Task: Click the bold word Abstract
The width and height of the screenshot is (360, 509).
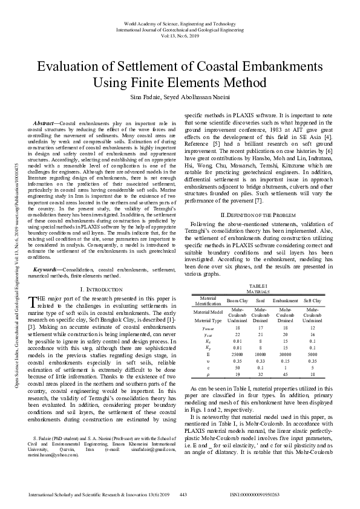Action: [46, 123]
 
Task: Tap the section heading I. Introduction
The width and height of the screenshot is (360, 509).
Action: [101, 291]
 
